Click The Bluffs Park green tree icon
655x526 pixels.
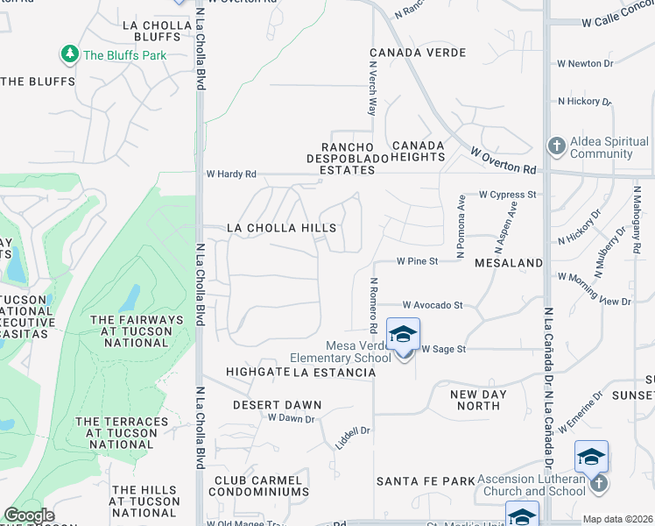click(69, 55)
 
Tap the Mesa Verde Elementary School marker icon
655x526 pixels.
click(403, 336)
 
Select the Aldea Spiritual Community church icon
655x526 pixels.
click(555, 146)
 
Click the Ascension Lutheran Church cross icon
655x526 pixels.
click(598, 483)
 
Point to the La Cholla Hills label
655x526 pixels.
click(281, 228)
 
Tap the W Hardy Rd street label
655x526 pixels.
click(231, 174)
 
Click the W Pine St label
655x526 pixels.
click(416, 261)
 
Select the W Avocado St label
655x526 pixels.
click(432, 305)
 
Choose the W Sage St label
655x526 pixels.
click(443, 349)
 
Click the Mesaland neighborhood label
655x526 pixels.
click(508, 262)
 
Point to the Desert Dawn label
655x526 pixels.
click(277, 405)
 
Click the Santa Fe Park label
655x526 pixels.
click(425, 481)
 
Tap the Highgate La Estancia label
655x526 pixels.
click(300, 373)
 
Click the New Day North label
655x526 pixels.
click(478, 400)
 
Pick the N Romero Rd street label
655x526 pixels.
click(373, 306)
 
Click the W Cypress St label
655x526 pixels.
click(506, 195)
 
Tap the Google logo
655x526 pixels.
click(28, 515)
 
